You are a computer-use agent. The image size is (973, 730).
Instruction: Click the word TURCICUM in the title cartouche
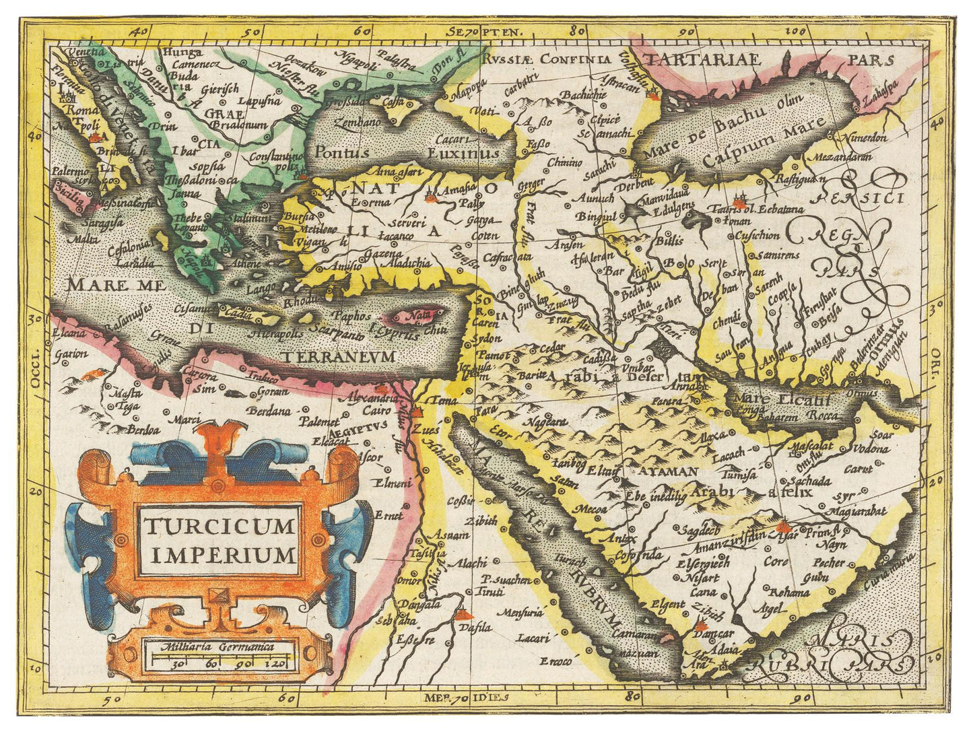(x=220, y=525)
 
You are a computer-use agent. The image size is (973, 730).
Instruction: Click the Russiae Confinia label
(x=546, y=59)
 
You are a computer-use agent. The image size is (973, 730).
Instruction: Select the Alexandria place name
(x=368, y=398)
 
